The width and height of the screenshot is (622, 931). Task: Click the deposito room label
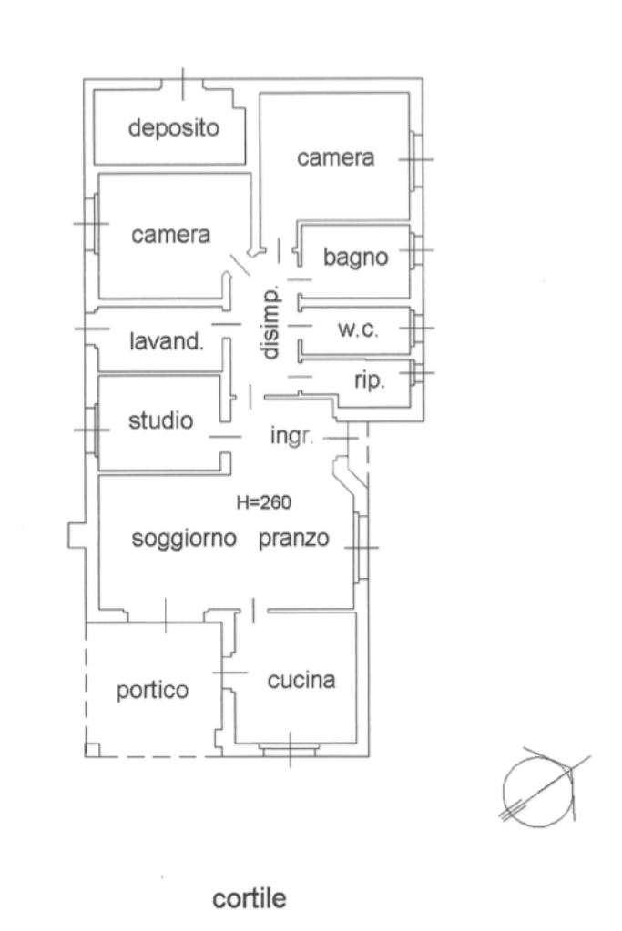[174, 127]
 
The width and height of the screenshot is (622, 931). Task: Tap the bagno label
[356, 258]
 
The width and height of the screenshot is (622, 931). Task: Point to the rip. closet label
[369, 379]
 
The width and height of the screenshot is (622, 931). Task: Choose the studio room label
[160, 420]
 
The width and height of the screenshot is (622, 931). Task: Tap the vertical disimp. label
[270, 323]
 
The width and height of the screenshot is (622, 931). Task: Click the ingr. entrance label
[291, 436]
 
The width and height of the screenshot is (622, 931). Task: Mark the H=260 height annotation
[264, 501]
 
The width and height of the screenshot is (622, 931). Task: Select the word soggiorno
[185, 538]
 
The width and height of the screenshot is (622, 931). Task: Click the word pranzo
[292, 538]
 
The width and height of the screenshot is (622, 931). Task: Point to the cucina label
[301, 680]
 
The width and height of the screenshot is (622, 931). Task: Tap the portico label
[153, 691]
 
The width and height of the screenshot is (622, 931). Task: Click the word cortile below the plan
[249, 899]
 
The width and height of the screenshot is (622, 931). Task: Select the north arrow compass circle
[538, 784]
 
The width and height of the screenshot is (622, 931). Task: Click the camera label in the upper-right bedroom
[336, 157]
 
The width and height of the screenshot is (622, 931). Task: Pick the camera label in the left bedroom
[171, 235]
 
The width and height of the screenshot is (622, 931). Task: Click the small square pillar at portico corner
[92, 750]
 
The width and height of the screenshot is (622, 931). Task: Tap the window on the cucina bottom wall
[289, 750]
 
